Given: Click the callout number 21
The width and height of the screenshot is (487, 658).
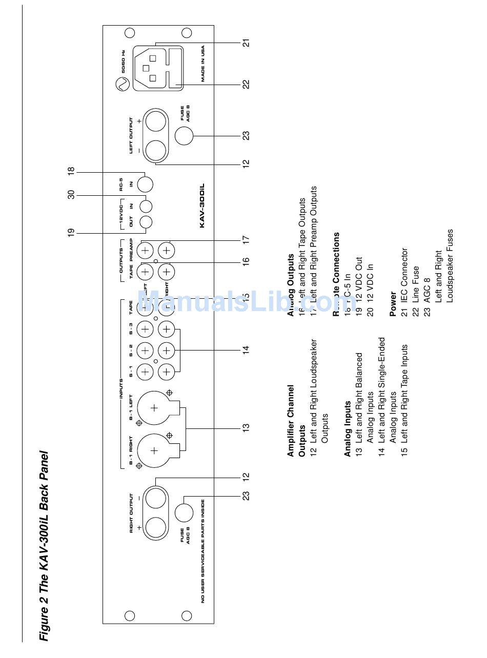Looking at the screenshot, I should tap(247, 43).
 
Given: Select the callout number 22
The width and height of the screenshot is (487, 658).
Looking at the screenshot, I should tap(247, 84).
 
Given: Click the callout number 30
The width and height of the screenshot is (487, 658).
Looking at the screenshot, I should tap(71, 194).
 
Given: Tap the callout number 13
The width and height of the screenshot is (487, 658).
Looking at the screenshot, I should tap(246, 426).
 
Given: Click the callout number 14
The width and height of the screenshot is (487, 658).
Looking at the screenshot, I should tap(246, 349).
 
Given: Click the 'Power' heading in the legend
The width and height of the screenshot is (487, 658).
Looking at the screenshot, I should tap(393, 305).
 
